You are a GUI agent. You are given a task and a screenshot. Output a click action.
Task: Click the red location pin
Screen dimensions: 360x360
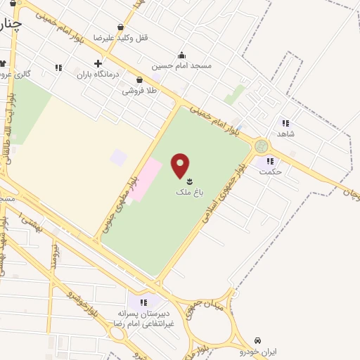coord(181,165)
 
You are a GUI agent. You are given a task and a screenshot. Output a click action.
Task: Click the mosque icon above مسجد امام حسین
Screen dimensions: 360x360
coord(182,55)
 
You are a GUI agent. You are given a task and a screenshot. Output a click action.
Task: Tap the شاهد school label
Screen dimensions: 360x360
coord(285,134)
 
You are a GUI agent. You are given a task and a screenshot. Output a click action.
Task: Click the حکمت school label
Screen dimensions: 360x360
coord(270,171)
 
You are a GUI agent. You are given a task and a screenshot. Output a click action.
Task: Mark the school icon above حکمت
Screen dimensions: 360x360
coord(270,161)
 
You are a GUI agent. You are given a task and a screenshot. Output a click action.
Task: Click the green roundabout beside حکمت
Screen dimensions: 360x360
coord(262,146)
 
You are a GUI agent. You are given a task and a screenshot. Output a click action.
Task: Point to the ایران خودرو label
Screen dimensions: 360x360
coord(258,350)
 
